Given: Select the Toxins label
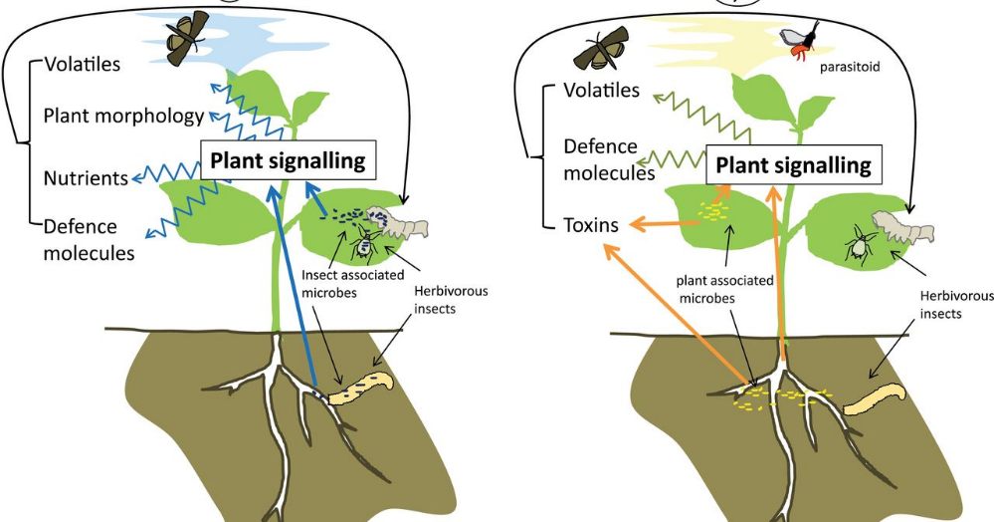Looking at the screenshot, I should click(x=590, y=226).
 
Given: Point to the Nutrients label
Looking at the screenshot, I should click(x=85, y=178).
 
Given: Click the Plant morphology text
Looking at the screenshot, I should click(x=123, y=116).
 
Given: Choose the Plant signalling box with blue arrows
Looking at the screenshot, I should click(x=284, y=159).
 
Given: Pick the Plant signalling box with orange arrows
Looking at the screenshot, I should click(x=793, y=165).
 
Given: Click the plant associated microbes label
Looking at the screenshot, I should click(x=724, y=289).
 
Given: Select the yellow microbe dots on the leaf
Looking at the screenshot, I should click(x=711, y=211).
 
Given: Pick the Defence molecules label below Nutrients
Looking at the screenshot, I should click(x=88, y=240).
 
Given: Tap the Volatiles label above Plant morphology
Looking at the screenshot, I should click(x=82, y=65).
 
